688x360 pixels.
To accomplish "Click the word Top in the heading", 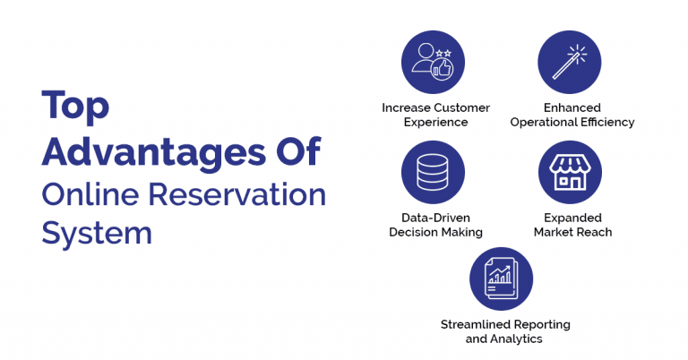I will [75, 106].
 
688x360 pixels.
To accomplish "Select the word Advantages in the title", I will [143, 151].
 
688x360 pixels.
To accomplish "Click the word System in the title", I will [97, 234].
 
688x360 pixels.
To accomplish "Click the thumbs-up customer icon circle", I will [434, 63].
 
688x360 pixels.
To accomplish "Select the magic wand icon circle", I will [569, 63].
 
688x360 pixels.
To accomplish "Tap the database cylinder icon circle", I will [434, 172].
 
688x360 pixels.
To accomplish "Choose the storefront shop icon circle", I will [569, 172].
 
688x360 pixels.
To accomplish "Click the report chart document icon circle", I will [502, 279].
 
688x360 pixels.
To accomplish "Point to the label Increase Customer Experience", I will [435, 115].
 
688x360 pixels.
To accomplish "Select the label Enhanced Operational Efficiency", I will [572, 115].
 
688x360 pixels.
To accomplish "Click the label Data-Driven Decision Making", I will [435, 225].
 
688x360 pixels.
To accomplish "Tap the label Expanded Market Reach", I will [572, 225].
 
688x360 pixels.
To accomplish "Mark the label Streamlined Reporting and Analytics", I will [504, 331].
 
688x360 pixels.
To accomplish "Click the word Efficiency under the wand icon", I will [605, 122].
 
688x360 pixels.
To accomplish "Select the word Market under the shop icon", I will [555, 233].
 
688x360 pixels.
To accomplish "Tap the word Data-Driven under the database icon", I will [435, 218].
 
